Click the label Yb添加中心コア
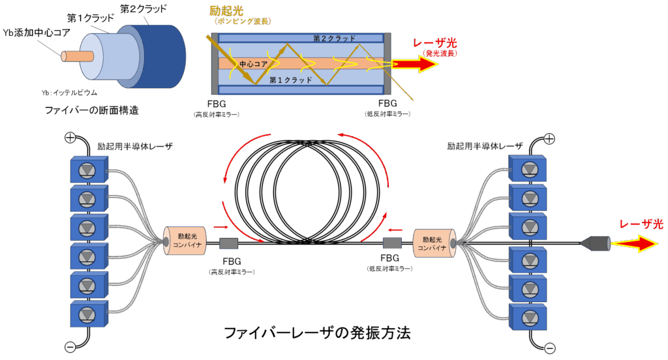pyautogui.click(x=37, y=33)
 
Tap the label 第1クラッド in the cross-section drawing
pyautogui.click(x=91, y=18)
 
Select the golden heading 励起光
pyautogui.click(x=226, y=10)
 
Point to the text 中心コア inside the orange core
pyautogui.click(x=253, y=64)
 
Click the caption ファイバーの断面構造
pyautogui.click(x=92, y=110)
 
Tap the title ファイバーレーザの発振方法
pyautogui.click(x=317, y=333)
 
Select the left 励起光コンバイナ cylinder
pyautogui.click(x=185, y=241)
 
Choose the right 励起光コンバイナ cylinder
pyautogui.click(x=434, y=243)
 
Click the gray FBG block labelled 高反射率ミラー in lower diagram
pyautogui.click(x=229, y=243)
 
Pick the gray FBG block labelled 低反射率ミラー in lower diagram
pyautogui.click(x=392, y=243)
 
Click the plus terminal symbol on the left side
pyautogui.click(x=70, y=138)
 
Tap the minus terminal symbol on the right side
pyautogui.click(x=549, y=348)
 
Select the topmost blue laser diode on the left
pyautogui.click(x=89, y=169)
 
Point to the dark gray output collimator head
pyautogui.click(x=596, y=243)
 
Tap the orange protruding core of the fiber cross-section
pyautogui.click(x=77, y=56)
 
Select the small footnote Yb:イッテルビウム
pyautogui.click(x=69, y=93)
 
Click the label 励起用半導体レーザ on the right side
pyautogui.click(x=485, y=146)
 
